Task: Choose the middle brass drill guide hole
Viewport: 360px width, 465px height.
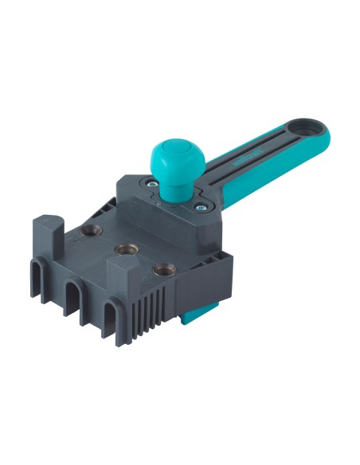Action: coord(123,250)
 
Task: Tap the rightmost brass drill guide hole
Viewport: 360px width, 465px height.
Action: coord(165,271)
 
